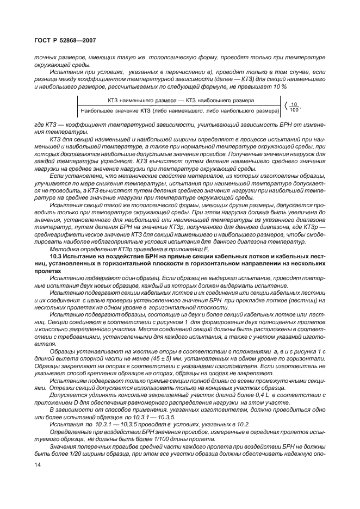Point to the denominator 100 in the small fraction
294,110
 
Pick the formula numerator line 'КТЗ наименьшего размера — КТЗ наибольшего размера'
179,101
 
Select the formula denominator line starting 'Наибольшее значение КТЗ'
179,111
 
